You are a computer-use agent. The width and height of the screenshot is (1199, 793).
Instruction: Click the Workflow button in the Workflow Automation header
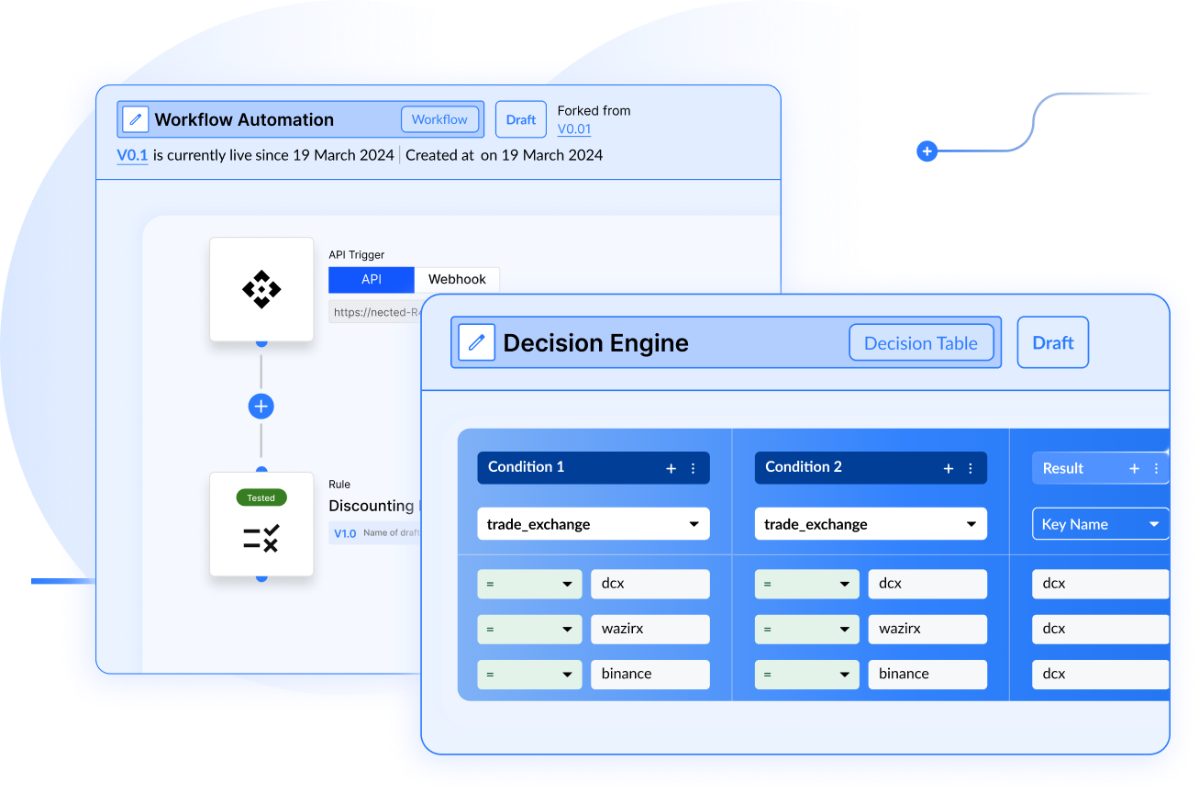coord(439,119)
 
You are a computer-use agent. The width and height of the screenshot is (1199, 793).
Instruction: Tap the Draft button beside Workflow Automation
coord(520,120)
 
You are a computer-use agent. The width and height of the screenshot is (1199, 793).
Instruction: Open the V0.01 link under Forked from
coord(574,129)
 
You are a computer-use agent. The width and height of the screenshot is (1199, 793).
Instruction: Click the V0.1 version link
coord(132,155)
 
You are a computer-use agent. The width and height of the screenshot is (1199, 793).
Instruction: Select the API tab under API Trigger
coord(371,279)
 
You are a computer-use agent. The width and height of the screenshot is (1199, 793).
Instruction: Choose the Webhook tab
coord(457,279)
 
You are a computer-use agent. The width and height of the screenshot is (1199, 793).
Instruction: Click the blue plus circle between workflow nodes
coord(261,406)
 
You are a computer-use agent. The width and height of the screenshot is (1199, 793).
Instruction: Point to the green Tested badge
coord(261,497)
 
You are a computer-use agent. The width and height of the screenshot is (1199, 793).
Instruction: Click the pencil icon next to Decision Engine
coord(476,343)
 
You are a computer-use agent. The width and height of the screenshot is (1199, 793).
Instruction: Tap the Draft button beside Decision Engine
coord(1052,343)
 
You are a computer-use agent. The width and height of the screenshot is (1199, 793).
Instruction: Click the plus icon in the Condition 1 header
coord(671,468)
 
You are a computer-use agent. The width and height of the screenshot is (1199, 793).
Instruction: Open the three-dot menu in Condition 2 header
coord(971,468)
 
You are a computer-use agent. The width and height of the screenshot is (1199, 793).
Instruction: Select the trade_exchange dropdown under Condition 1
coord(593,524)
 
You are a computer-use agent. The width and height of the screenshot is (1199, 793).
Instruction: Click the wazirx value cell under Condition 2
coord(927,629)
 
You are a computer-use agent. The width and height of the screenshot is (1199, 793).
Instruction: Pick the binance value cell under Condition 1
coord(649,674)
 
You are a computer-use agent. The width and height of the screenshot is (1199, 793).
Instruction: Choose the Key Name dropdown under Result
coord(1100,524)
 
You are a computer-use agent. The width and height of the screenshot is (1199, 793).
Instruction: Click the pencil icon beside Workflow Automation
coord(135,119)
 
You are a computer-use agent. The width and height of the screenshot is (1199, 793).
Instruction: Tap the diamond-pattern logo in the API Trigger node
coord(261,289)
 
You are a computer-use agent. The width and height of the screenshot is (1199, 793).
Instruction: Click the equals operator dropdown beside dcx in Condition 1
coord(529,584)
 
